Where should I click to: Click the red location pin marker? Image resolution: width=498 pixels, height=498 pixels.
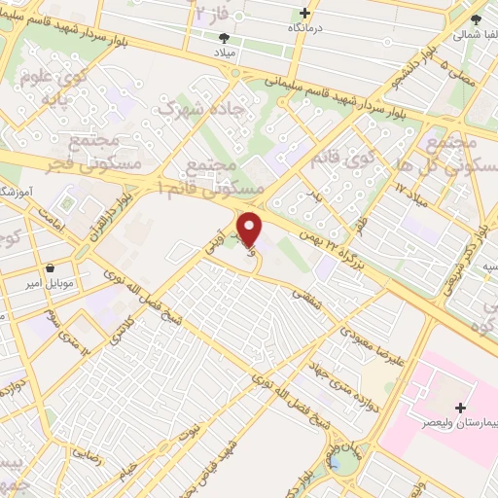click(x=250, y=230)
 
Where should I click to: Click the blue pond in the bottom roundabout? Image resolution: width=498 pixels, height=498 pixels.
click(x=343, y=462)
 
